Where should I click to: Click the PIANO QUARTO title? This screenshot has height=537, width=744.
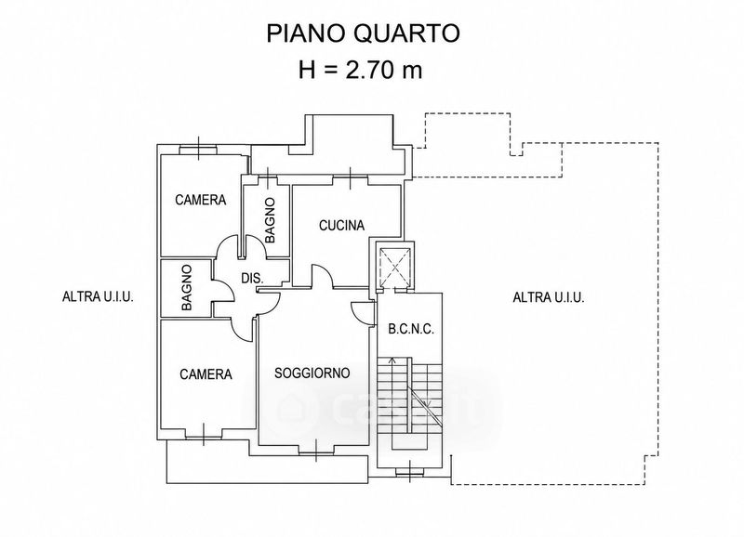(x=363, y=34)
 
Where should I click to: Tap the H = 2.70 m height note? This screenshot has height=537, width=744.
(x=360, y=71)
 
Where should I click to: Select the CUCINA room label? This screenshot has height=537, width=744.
(x=341, y=226)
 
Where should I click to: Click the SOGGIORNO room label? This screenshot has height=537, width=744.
(x=312, y=373)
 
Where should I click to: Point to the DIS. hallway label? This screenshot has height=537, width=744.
(x=252, y=279)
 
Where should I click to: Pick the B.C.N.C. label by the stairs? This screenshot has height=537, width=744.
(x=411, y=330)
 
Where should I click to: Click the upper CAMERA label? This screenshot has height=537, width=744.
(x=200, y=200)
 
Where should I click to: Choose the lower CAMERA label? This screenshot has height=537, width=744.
(x=206, y=374)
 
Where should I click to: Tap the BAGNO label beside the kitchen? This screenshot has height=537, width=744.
(x=270, y=220)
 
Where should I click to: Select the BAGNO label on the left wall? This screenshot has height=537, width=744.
(x=187, y=288)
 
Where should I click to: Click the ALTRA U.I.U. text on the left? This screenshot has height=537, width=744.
(x=98, y=297)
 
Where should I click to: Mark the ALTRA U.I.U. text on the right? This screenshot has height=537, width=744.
(x=549, y=297)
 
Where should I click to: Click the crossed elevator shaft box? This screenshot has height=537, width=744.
(x=394, y=266)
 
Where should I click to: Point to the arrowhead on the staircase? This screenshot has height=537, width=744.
(x=392, y=360)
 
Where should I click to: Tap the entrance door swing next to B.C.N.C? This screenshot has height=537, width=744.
(x=362, y=313)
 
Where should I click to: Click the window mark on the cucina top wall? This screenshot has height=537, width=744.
(x=351, y=178)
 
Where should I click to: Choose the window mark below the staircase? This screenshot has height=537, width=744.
(x=410, y=471)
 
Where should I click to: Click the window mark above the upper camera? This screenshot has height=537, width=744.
(x=198, y=148)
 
